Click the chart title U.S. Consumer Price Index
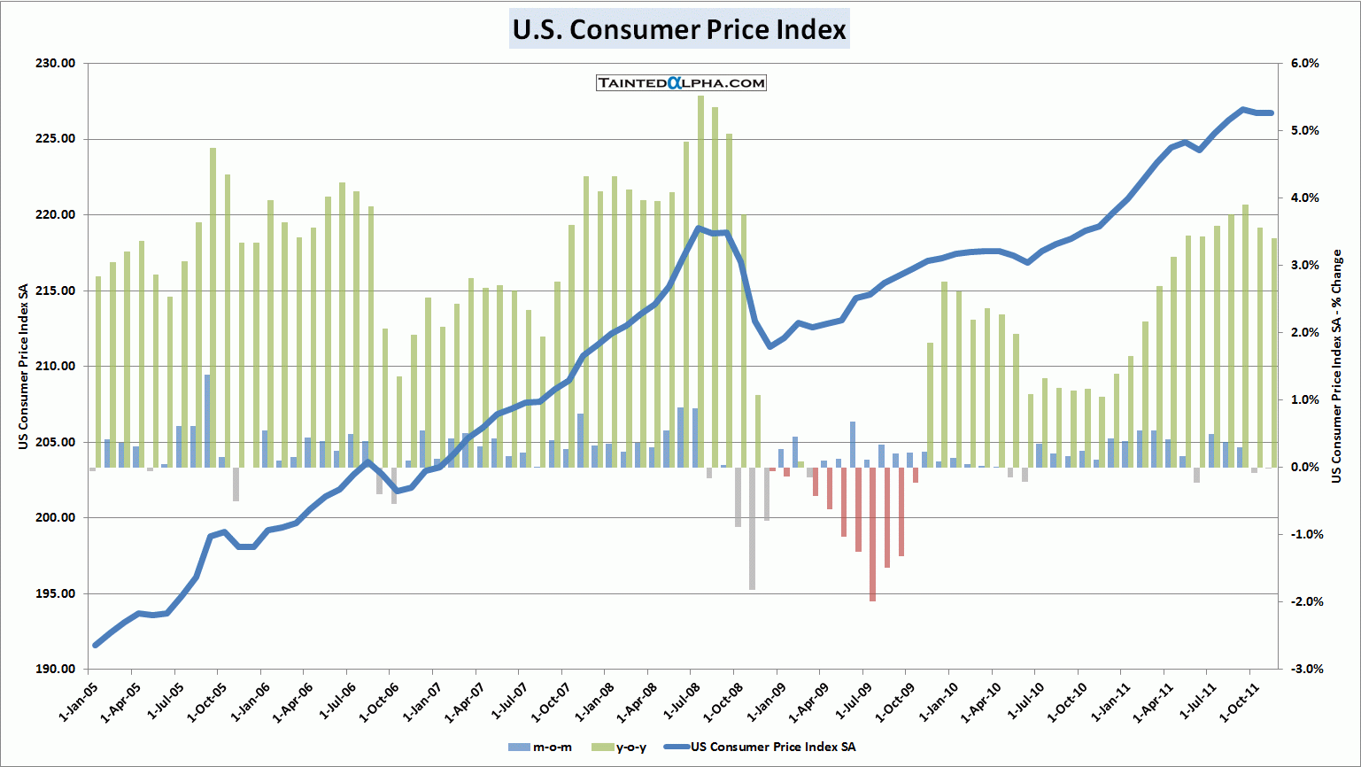pyautogui.click(x=679, y=29)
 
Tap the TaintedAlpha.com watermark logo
pyautogui.click(x=681, y=83)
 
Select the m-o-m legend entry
pyautogui.click(x=541, y=747)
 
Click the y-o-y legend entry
pyautogui.click(x=619, y=747)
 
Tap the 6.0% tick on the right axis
pyautogui.click(x=1304, y=64)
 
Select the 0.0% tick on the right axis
pyautogui.click(x=1304, y=468)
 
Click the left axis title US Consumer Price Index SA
pyautogui.click(x=23, y=367)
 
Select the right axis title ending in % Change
pyautogui.click(x=1337, y=367)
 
